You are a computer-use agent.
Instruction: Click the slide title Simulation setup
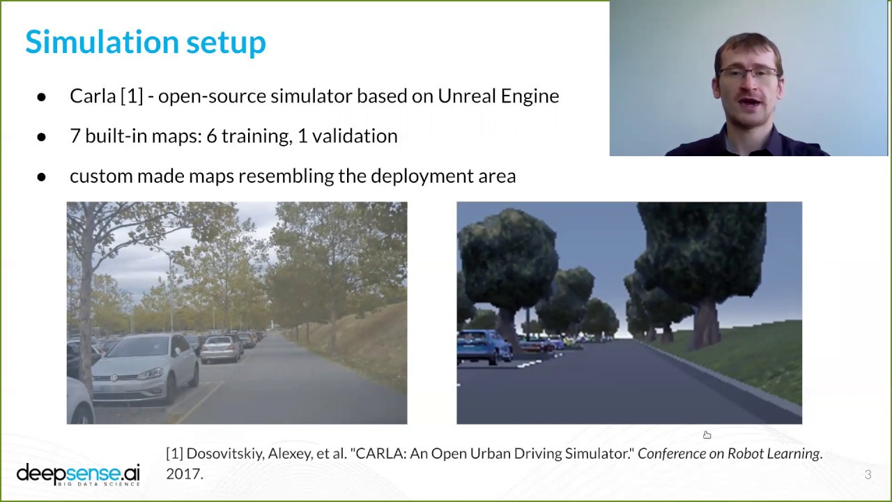pos(146,42)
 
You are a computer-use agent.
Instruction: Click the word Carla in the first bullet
pos(93,96)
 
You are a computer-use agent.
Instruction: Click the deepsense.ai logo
pos(78,473)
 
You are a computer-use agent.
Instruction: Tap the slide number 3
pos(868,475)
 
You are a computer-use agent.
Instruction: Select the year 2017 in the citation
pos(184,474)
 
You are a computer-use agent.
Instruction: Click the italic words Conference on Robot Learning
pos(728,453)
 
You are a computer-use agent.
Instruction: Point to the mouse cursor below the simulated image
pos(707,435)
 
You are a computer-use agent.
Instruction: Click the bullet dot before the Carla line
pos(41,96)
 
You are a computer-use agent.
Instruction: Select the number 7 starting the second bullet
pos(75,135)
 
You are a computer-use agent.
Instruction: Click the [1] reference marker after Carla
pos(132,96)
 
